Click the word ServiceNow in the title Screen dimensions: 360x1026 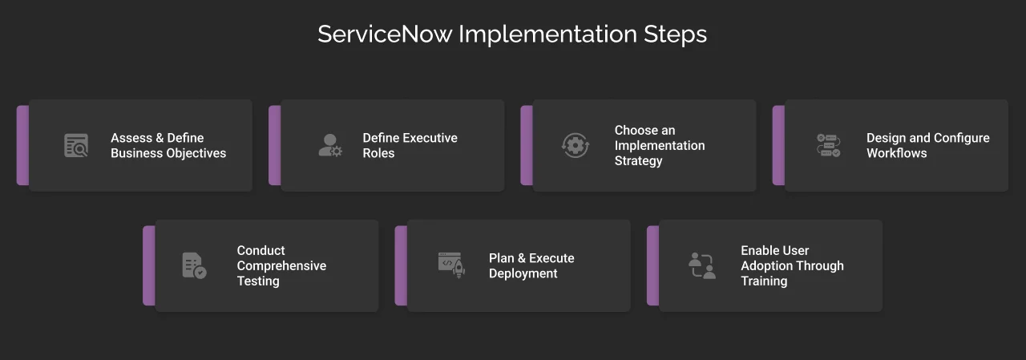click(385, 34)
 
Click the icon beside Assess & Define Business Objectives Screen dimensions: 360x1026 click(76, 145)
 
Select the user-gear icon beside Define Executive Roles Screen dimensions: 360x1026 click(329, 145)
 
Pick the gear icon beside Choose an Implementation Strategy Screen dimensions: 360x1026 click(575, 145)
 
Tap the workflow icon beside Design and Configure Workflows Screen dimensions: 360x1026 click(828, 145)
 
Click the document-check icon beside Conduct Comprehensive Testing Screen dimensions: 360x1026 click(194, 265)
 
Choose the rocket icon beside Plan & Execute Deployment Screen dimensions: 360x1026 click(451, 265)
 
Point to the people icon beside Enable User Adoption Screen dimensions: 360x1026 click(701, 265)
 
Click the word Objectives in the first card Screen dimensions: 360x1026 click(196, 153)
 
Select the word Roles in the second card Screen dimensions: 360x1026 click(378, 153)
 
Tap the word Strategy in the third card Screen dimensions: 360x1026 click(638, 160)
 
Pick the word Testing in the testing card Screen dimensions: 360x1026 click(258, 281)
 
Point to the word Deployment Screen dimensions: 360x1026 click(523, 273)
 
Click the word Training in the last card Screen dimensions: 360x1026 click(763, 281)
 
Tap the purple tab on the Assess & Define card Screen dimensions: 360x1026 click(22, 145)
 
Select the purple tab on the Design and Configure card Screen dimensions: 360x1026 click(778, 145)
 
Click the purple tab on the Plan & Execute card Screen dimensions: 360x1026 click(401, 265)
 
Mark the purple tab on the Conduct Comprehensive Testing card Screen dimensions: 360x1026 click(149, 265)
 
